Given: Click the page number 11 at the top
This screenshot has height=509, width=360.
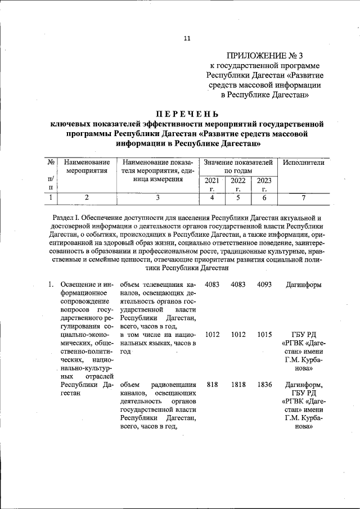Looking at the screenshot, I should (x=187, y=38).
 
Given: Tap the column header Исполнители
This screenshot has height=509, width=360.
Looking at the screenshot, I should (x=304, y=163).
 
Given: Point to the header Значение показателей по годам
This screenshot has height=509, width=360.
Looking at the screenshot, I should (x=238, y=166).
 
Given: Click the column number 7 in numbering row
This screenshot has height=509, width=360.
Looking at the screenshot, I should (x=303, y=197).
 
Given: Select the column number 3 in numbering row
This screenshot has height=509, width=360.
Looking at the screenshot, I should (x=157, y=197).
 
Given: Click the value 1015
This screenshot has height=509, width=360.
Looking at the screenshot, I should (x=264, y=335).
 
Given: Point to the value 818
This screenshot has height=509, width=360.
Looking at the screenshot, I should (x=212, y=385).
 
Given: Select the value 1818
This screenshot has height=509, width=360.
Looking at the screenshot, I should (x=238, y=385).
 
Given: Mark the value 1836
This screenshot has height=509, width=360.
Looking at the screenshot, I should (x=264, y=385).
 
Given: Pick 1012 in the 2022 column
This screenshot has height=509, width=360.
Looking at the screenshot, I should (x=238, y=335).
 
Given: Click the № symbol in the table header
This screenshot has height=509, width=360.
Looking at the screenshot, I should (x=51, y=163).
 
